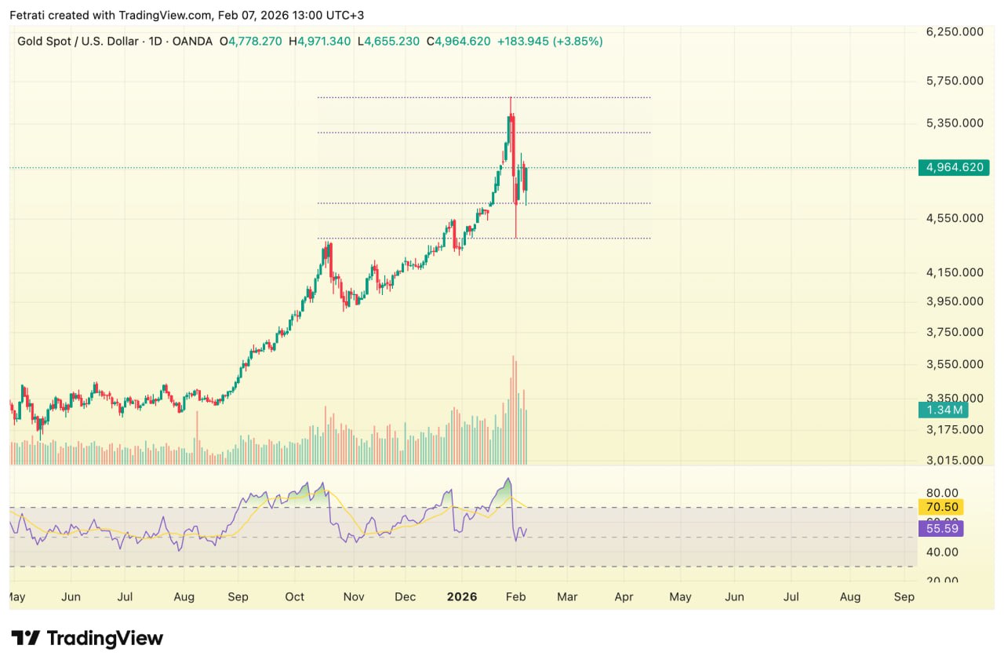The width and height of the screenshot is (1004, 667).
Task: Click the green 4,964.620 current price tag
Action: [955, 167]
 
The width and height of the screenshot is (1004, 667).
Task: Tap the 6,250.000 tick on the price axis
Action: [955, 31]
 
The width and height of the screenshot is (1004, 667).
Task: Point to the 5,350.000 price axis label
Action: [955, 122]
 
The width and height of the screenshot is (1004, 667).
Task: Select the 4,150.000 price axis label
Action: [955, 272]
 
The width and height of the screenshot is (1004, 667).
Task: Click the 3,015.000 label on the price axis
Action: [955, 460]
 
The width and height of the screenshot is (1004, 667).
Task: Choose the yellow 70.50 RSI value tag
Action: [940, 507]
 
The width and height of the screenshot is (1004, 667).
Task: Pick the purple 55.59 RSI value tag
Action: [940, 529]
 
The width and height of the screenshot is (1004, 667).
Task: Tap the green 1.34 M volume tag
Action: [943, 410]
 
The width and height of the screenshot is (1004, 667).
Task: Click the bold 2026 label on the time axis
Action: [462, 597]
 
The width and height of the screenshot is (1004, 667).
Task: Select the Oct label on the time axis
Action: [294, 597]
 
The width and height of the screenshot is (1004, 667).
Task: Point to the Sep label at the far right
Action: [904, 597]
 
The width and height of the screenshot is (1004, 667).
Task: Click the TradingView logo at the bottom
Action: [86, 638]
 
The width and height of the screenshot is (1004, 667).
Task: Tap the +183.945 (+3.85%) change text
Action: [550, 41]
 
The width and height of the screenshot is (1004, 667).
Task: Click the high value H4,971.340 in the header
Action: [319, 41]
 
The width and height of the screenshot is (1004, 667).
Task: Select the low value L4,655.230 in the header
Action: [388, 41]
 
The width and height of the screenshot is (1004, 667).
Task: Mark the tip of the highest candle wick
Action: [511, 97]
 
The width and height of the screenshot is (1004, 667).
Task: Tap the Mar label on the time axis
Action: [567, 597]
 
